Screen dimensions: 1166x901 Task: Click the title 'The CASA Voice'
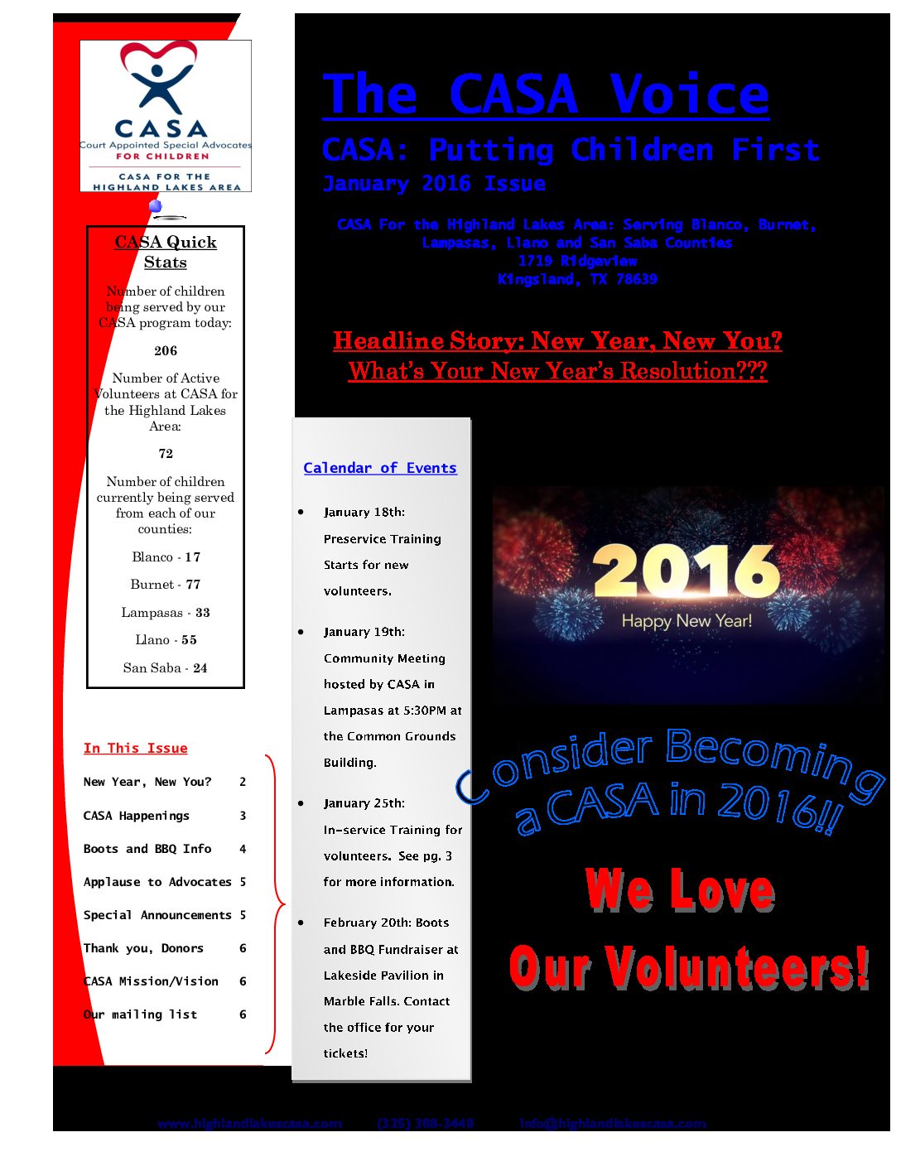click(545, 94)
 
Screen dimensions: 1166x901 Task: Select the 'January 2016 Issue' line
click(434, 184)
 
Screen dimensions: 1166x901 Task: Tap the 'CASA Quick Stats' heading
click(166, 252)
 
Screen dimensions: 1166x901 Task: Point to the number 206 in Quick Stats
click(166, 351)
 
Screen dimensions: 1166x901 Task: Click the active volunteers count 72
click(166, 454)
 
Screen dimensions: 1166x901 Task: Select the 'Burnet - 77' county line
click(166, 585)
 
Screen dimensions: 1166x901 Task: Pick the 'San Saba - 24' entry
click(166, 668)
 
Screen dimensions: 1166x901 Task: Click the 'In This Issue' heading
click(136, 749)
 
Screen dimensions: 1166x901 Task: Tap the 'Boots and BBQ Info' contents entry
click(147, 849)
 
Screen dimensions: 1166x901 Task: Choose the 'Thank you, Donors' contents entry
click(143, 948)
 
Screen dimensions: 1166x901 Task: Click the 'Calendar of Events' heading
click(380, 468)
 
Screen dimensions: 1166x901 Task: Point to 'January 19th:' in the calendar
click(364, 632)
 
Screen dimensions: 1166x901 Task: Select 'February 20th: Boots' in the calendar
click(386, 923)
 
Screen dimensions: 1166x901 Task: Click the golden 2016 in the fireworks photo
click(687, 571)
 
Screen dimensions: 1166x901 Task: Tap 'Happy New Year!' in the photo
click(687, 621)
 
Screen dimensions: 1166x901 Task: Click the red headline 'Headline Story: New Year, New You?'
click(557, 341)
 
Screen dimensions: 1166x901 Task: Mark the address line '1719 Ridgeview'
click(577, 261)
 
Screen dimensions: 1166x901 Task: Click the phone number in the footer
click(426, 1124)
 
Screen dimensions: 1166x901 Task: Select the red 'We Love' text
click(680, 890)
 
